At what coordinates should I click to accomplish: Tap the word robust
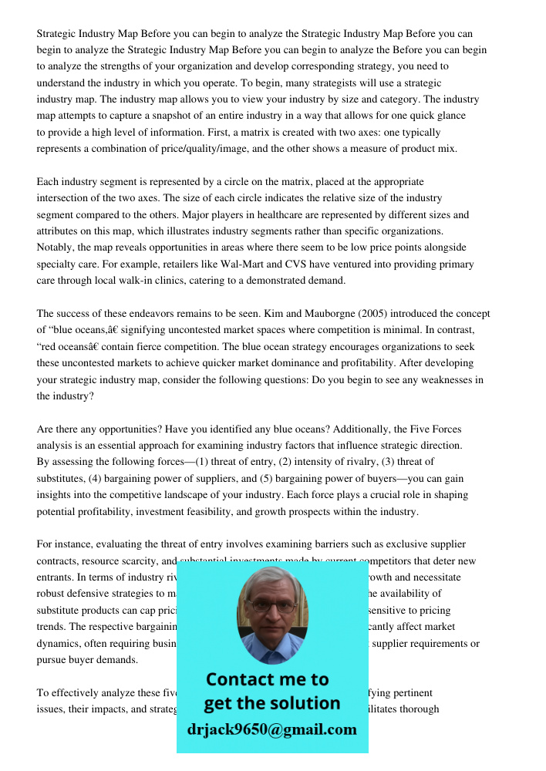(x=52, y=594)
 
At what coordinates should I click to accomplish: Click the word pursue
(x=52, y=660)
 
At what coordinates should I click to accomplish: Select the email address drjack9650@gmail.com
(x=272, y=729)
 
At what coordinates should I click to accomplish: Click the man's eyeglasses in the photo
(x=272, y=606)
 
